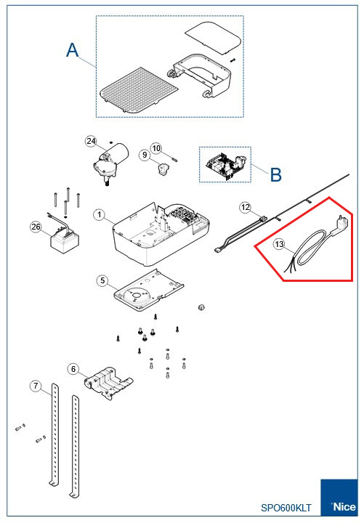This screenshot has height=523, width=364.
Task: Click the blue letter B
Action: pos(275,174)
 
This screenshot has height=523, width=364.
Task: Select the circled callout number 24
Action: pos(91,140)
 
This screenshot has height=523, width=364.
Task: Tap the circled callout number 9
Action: pos(145,154)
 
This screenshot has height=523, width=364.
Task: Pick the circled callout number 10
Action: pos(156,147)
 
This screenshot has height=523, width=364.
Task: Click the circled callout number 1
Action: pos(100,215)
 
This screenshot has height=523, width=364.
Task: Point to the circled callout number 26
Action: pos(36,227)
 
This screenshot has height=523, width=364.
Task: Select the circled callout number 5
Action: pos(103,280)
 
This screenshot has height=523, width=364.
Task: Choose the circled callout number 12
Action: pos(246,208)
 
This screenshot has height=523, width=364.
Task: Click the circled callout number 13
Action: pos(280,245)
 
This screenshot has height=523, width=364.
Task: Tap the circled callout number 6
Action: pos(73,368)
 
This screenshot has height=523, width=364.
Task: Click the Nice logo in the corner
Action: pos(341,500)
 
